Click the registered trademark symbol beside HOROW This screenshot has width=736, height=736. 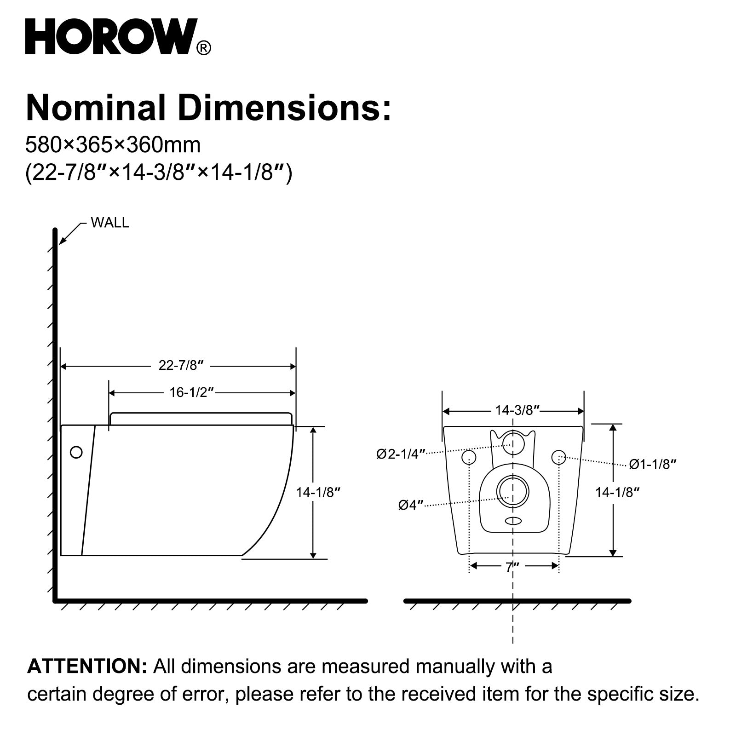click(204, 48)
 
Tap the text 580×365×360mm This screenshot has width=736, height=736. click(113, 145)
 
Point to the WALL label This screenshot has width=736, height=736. click(110, 223)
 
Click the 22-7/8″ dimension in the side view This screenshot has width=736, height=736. click(181, 365)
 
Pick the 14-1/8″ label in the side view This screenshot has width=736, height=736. click(318, 492)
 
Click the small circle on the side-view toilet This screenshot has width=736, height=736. click(76, 452)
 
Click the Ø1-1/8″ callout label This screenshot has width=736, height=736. click(653, 464)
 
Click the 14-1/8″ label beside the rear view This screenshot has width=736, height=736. click(618, 492)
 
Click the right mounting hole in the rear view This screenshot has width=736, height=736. click(558, 457)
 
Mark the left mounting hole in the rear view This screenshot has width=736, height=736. click(469, 457)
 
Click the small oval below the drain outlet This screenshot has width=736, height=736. click(513, 521)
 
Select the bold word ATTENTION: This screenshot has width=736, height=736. click(87, 666)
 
